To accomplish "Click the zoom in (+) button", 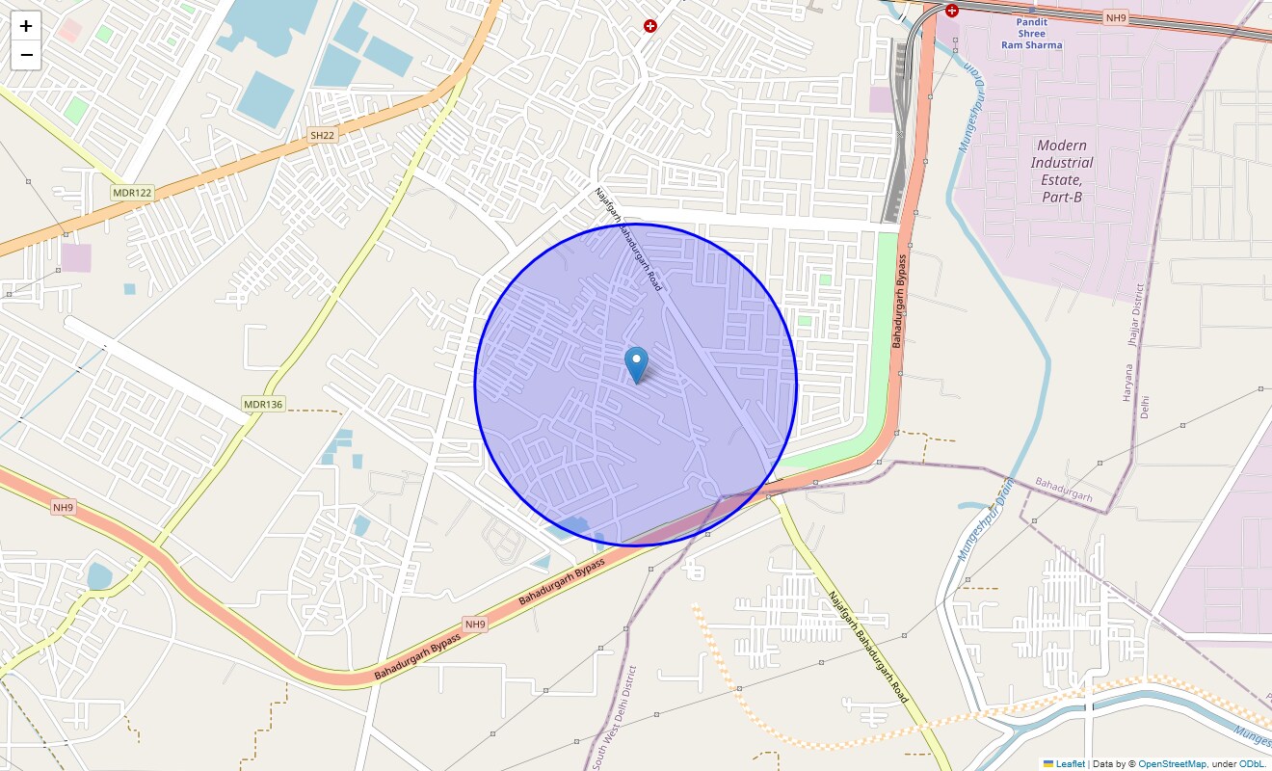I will [x=26, y=26].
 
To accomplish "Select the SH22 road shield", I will [x=322, y=136].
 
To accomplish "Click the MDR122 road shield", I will [x=132, y=193].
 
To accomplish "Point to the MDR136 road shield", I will [x=263, y=404].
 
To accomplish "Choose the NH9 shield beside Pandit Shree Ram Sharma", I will [x=1116, y=17].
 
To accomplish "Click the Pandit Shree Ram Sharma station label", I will [x=1031, y=34].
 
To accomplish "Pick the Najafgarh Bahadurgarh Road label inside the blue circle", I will [x=628, y=240].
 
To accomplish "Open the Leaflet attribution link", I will [x=1070, y=764].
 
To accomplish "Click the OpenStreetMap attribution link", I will [x=1172, y=764].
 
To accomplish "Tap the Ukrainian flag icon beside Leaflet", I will [x=1049, y=764].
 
